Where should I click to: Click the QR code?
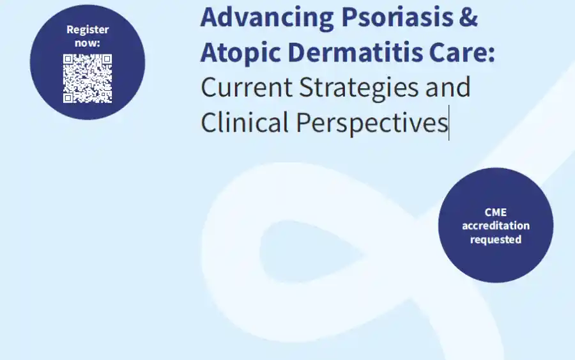coord(88,79)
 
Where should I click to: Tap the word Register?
coord(88,29)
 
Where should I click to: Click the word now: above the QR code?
coord(88,43)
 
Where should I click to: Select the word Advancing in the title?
coord(267,18)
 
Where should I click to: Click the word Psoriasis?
coord(397,17)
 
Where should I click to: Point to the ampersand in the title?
coord(468,17)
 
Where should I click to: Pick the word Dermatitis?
coord(355,52)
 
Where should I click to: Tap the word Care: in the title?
coord(462,52)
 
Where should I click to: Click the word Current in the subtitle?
coord(247,88)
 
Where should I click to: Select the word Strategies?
coord(358,88)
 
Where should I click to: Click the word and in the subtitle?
coord(448,87)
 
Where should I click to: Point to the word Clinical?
coord(245,122)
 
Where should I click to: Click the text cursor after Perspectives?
coord(449,123)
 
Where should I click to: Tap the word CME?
coord(495,212)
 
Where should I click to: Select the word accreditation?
coord(496,226)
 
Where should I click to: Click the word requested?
coord(496,240)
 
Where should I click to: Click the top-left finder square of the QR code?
coord(68,59)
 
